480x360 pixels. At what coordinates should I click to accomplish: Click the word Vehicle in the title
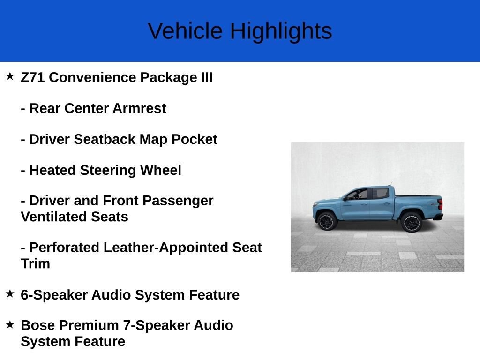[185, 30]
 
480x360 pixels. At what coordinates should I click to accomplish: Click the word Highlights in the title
[281, 31]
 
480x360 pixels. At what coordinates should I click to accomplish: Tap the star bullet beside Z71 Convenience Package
[10, 76]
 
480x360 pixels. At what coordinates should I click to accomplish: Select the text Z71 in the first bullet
[33, 77]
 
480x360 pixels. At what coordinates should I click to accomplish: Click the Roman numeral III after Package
[207, 77]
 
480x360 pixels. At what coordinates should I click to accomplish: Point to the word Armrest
[139, 108]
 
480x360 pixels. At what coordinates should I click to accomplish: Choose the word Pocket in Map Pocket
[195, 139]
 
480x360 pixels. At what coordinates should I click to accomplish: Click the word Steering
[108, 170]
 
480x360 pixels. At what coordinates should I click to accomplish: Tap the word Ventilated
[53, 217]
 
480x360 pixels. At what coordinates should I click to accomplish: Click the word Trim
[36, 263]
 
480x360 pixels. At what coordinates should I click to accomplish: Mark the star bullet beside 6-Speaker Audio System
[10, 293]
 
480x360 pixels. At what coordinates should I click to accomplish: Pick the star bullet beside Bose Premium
[10, 324]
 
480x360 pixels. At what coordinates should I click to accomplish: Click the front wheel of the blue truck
[327, 221]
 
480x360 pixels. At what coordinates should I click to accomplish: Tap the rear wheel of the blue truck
[412, 222]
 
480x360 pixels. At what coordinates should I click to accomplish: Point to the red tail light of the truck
[440, 204]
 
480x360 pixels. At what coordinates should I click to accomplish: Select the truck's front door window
[358, 195]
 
